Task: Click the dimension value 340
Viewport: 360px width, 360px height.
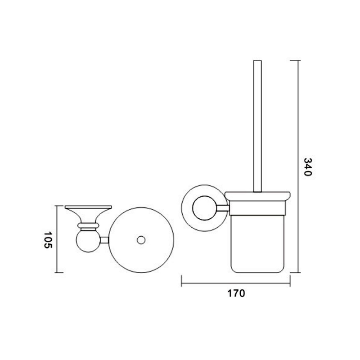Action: click(308, 167)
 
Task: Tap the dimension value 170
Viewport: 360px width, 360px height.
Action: click(236, 293)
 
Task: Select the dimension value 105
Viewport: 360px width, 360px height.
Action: click(48, 240)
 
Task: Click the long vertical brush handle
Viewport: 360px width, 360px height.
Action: click(257, 126)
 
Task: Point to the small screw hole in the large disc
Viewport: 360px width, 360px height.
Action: click(141, 240)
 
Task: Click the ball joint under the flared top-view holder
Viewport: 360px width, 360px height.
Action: click(88, 241)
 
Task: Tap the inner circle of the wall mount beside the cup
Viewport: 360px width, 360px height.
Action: click(205, 208)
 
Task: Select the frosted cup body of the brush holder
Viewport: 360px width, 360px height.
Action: click(257, 244)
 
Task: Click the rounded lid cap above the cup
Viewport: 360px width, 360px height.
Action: click(257, 196)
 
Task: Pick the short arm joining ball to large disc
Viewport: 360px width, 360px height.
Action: click(104, 240)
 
